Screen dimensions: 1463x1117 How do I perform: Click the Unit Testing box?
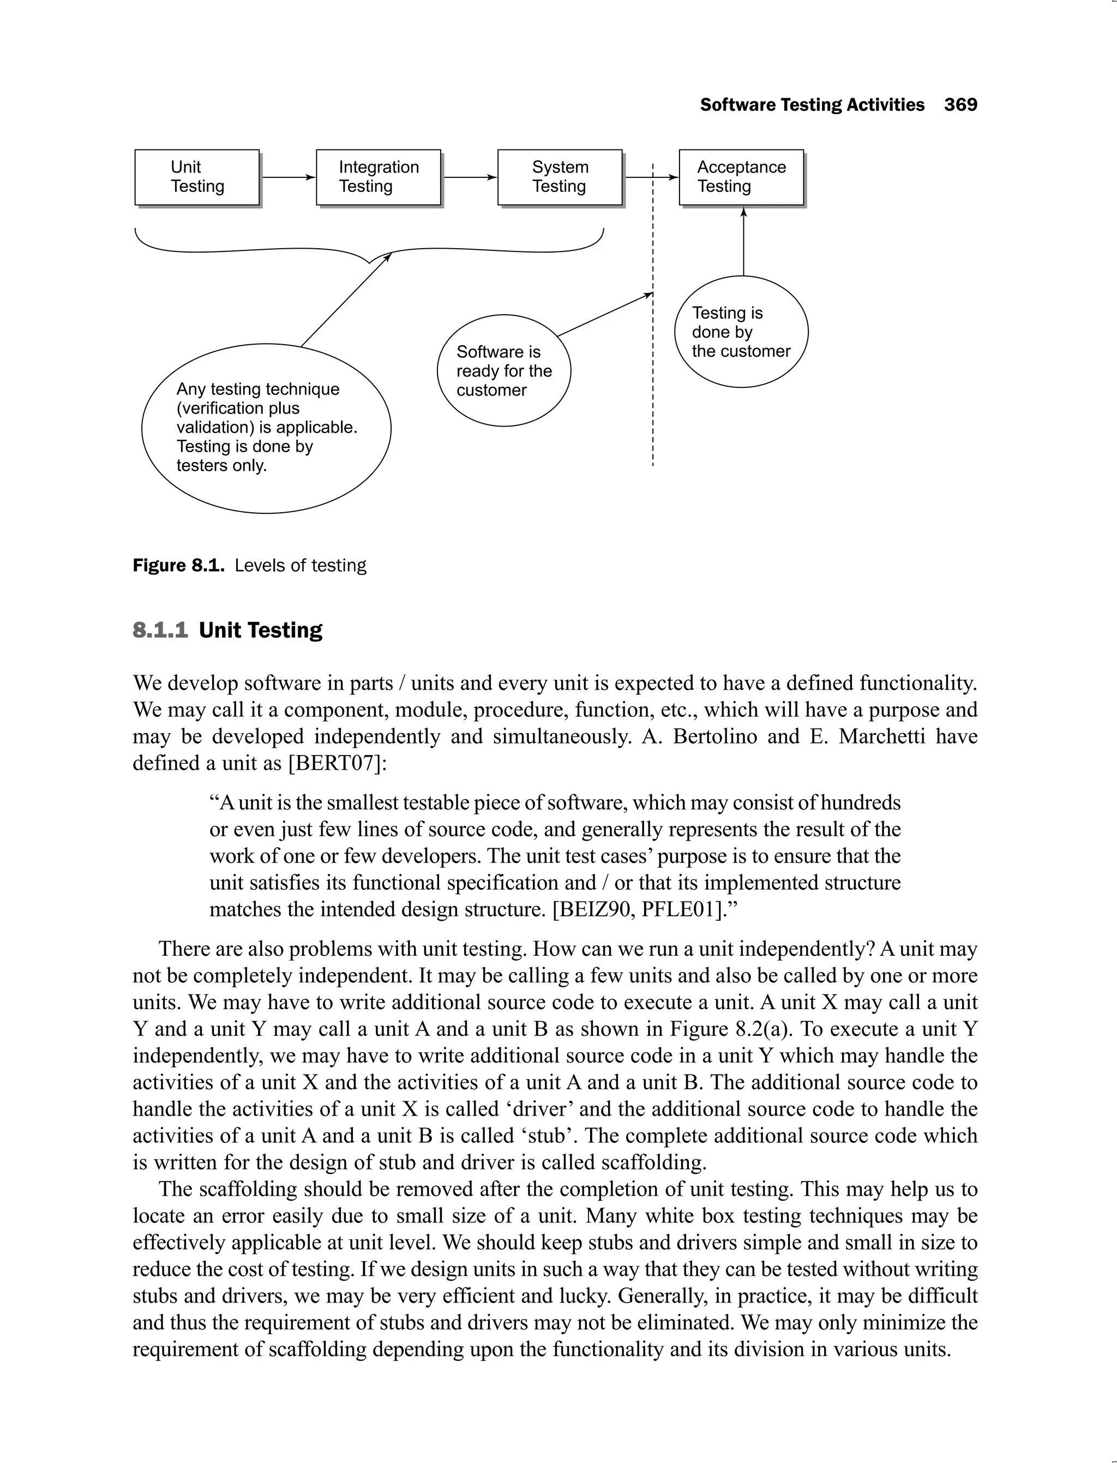pos(197,177)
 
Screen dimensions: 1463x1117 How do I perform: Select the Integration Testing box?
pos(379,177)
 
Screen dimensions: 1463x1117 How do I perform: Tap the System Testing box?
pos(560,177)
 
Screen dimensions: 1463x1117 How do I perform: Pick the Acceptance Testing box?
pos(741,177)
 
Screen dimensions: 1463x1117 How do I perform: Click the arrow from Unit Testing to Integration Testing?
pos(287,177)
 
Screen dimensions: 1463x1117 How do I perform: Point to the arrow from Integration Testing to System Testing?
pos(469,177)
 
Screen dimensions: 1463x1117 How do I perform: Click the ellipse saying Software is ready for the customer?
pos(503,370)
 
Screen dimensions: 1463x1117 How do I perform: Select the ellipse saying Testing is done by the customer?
pos(741,331)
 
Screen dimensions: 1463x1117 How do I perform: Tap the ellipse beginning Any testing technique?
pos(266,428)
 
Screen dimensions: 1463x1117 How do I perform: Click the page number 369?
pos(961,105)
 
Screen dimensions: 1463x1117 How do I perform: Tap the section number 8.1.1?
pos(160,629)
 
